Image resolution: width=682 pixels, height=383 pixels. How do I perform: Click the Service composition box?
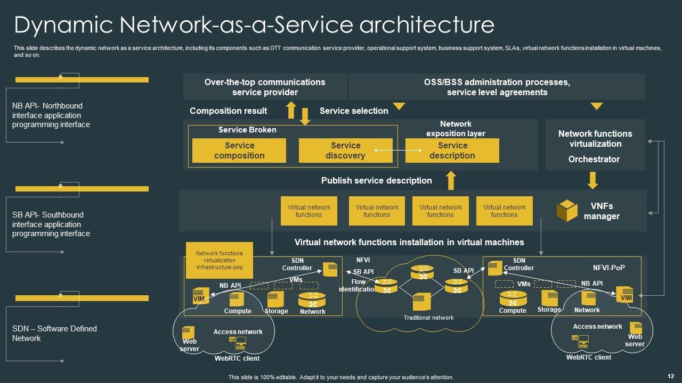239,151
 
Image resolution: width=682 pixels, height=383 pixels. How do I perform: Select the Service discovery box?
345,151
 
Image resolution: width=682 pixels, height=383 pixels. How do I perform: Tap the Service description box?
452,151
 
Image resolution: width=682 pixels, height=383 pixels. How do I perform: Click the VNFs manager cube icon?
567,211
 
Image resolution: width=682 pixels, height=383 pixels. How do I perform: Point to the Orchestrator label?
595,159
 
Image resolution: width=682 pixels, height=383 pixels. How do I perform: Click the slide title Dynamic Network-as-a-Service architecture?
254,25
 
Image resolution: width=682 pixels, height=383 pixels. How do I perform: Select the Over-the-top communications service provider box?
265,87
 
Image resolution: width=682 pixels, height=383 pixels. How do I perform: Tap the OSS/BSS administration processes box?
497,87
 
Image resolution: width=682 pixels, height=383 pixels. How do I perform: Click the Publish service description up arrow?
451,180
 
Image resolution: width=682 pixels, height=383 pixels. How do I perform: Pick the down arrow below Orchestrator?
592,180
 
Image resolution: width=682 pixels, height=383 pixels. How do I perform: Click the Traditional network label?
428,318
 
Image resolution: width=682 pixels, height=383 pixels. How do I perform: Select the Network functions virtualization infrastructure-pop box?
219,261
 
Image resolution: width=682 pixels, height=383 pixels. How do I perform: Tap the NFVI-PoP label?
609,268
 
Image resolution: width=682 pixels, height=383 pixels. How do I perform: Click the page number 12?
670,376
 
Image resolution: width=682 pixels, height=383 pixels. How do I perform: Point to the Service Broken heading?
247,130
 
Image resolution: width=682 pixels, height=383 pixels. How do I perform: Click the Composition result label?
228,111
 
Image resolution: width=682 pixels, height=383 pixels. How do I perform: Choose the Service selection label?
354,111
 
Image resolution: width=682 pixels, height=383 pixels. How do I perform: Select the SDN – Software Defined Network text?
54,334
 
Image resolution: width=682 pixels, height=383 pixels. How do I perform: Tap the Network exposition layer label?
456,129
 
